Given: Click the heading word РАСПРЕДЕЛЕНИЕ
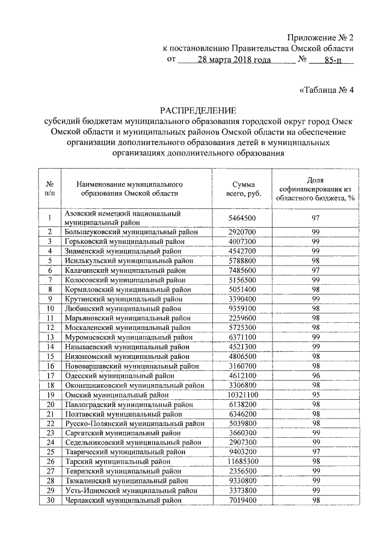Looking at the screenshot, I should (x=198, y=110).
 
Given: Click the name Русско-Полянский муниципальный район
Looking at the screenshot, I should (x=133, y=423).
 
